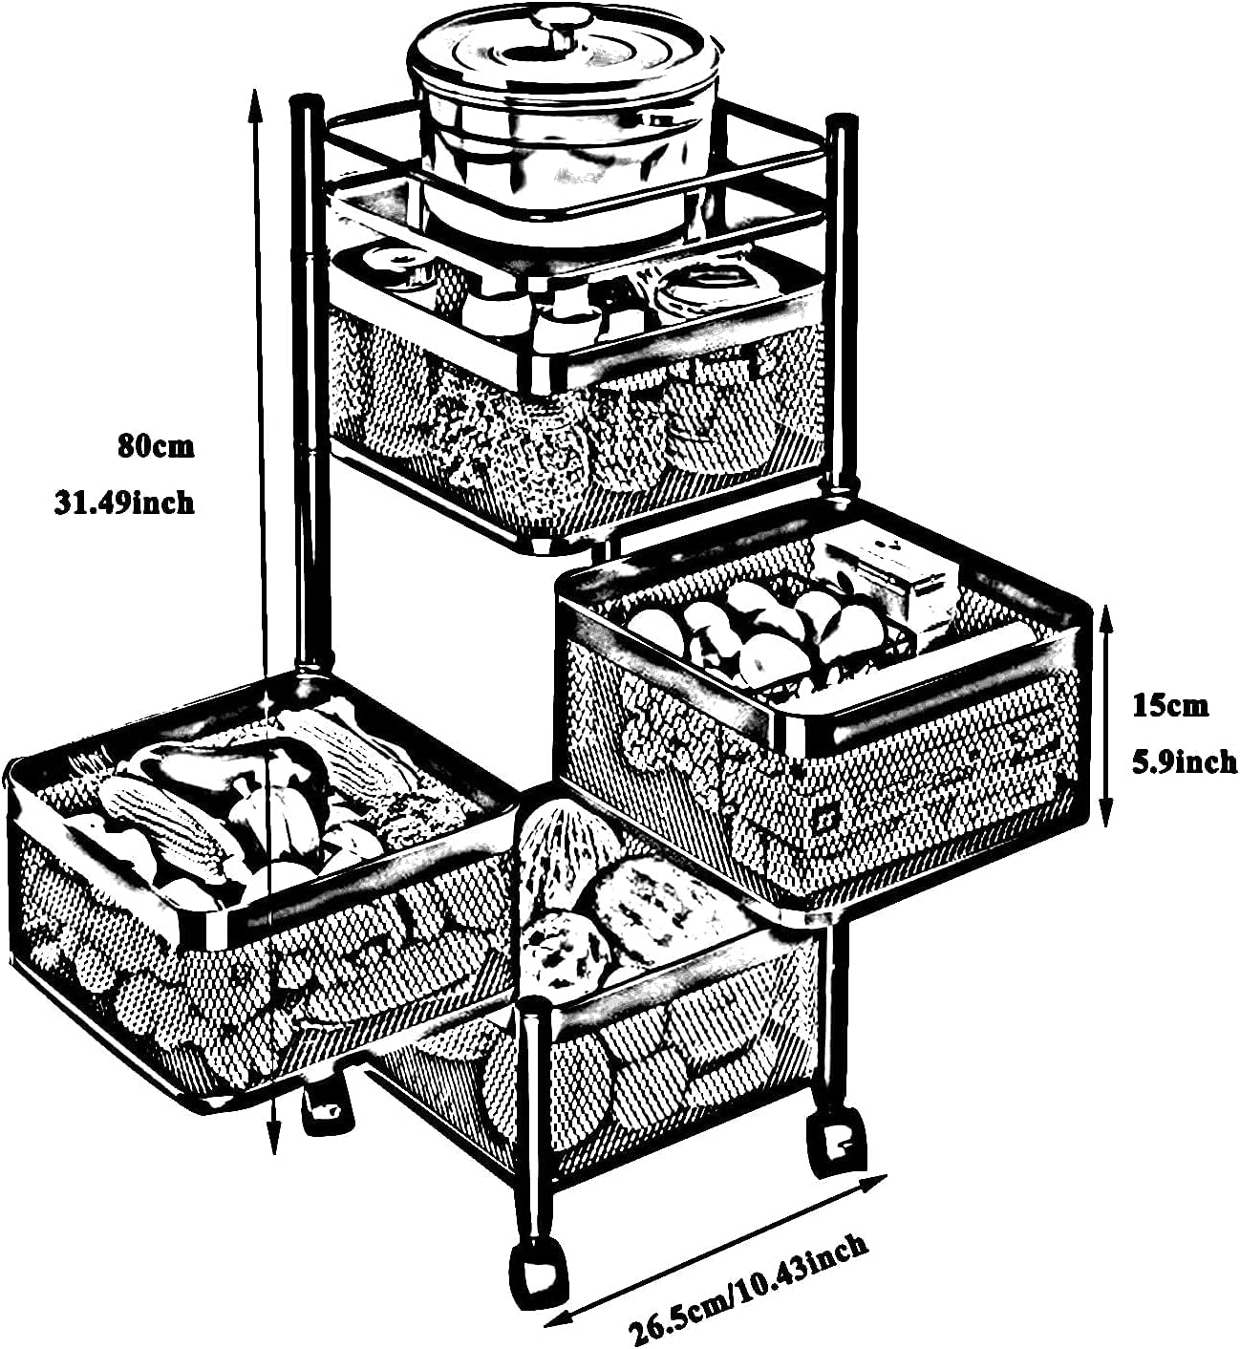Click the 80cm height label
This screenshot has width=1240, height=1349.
156,446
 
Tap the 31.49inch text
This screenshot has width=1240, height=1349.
124,502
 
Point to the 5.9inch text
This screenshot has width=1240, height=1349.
1184,762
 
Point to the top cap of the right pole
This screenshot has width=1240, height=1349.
842,121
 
